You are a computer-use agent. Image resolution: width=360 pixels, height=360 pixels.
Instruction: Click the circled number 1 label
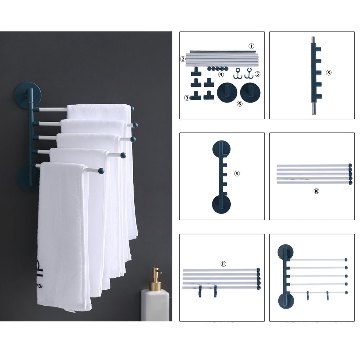(x=252, y=46)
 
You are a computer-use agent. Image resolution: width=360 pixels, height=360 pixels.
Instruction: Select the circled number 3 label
(x=186, y=98)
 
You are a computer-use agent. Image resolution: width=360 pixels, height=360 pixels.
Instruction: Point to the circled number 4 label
(x=221, y=75)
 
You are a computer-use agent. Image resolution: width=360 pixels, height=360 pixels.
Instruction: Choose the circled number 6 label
(x=240, y=104)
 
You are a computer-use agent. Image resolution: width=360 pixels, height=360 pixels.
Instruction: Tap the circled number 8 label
(x=328, y=72)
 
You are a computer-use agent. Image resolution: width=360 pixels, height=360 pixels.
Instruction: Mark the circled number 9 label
(x=237, y=174)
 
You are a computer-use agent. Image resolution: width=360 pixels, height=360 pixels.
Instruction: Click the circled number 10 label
(x=316, y=191)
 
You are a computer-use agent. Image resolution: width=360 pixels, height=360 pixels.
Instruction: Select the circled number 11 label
(x=223, y=264)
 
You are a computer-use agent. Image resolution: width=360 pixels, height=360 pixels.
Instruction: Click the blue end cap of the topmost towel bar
(x=132, y=109)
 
